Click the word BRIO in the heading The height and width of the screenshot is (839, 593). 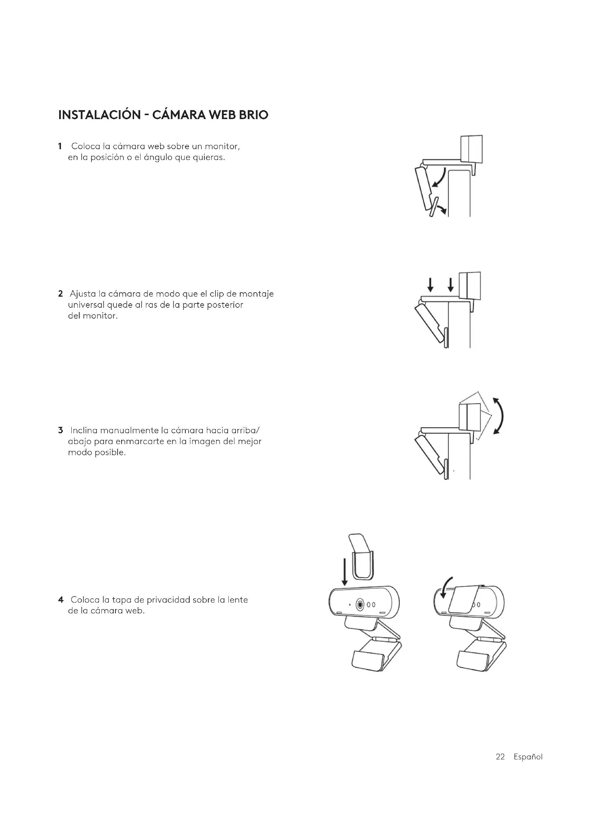coord(253,115)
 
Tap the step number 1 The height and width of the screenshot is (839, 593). coord(60,147)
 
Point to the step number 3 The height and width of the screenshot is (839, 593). coord(60,430)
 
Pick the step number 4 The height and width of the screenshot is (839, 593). coord(61,600)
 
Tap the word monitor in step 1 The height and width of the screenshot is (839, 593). coord(222,147)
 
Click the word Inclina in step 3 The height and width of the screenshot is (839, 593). coord(84,430)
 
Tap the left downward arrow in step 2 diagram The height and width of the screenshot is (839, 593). coord(431,285)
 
